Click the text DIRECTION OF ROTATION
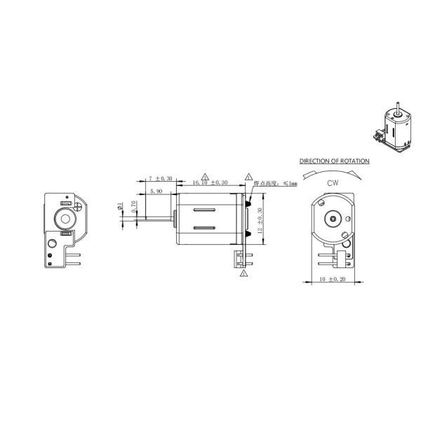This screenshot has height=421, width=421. [334, 161]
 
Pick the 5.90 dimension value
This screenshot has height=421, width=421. [155, 191]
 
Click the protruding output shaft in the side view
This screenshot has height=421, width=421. [158, 220]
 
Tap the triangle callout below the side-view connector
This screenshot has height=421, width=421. [243, 274]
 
